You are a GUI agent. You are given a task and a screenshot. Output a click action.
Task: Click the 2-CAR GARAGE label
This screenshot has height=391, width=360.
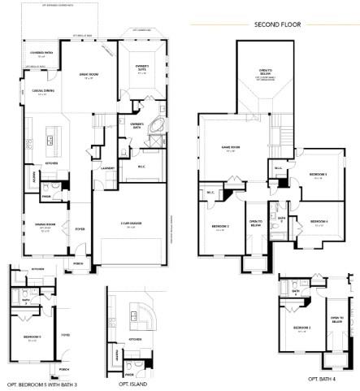click(130, 225)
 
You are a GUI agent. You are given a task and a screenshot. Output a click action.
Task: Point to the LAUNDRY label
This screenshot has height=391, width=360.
click(106, 167)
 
